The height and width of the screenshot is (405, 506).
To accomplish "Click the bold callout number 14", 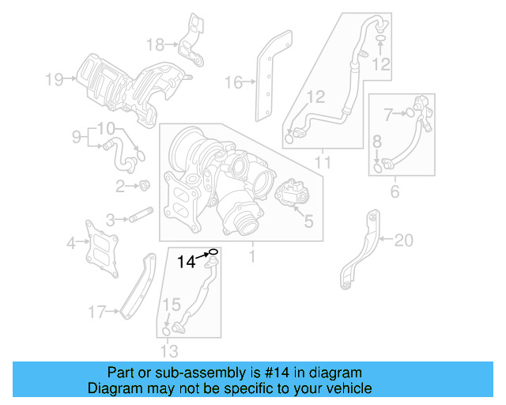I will point(185,261).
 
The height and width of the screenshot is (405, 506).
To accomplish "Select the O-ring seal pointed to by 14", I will point(213,253).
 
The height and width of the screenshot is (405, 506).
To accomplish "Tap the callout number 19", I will point(53,78).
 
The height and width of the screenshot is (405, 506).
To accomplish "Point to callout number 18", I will point(156,44).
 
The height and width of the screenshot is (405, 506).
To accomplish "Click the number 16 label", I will point(232,82).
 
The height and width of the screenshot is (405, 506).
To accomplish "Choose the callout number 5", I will point(308,222).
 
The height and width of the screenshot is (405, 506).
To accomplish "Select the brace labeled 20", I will point(360,245).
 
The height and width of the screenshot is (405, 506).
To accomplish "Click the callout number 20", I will point(403,238).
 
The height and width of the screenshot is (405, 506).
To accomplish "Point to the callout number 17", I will point(96,313).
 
